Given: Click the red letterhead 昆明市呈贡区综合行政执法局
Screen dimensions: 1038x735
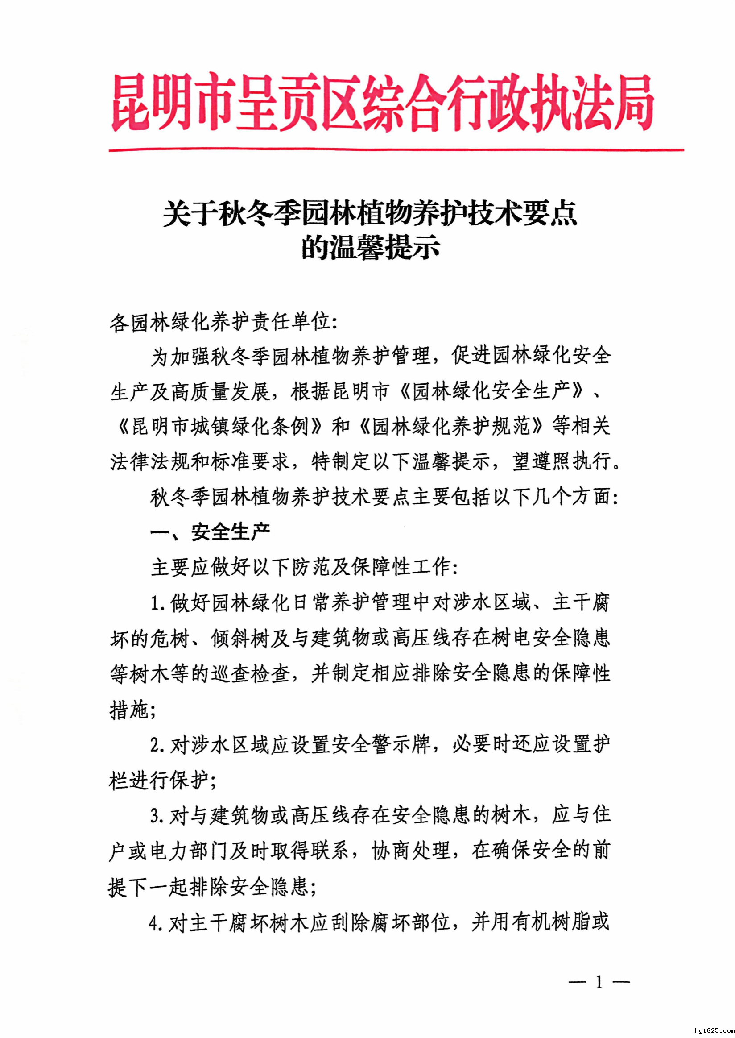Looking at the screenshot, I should (x=382, y=103).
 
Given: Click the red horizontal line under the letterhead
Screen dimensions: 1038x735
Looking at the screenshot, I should (x=396, y=149).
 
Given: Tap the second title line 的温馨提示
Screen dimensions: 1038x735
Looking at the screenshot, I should (x=371, y=248).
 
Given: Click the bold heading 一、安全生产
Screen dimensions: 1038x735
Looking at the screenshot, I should (x=211, y=531).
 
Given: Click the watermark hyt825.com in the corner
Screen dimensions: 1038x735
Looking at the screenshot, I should (x=713, y=1030).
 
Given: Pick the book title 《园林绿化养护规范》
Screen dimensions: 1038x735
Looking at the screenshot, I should (x=451, y=427).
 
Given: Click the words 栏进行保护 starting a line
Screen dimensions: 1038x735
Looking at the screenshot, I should (x=158, y=781).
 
